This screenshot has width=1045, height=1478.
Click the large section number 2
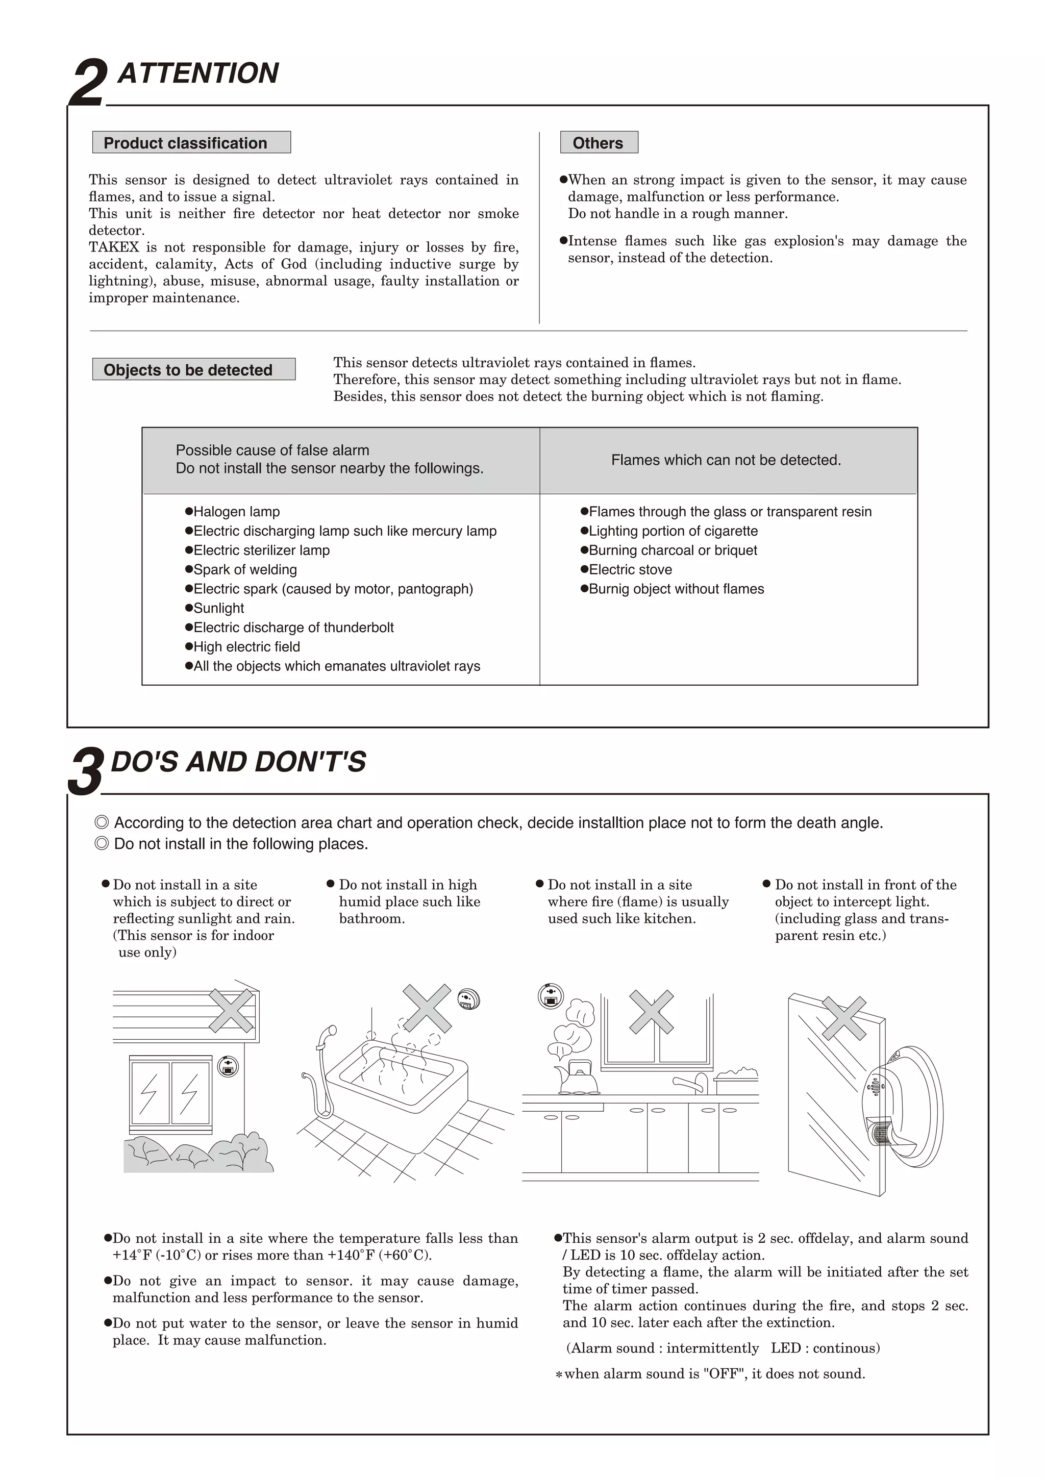87,83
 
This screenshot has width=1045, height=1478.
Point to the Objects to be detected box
194,369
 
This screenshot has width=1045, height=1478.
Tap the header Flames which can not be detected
726,460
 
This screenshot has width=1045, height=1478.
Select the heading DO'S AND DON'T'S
238,762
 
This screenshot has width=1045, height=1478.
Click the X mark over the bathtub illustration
426,1008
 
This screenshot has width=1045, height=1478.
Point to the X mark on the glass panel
843,1018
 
